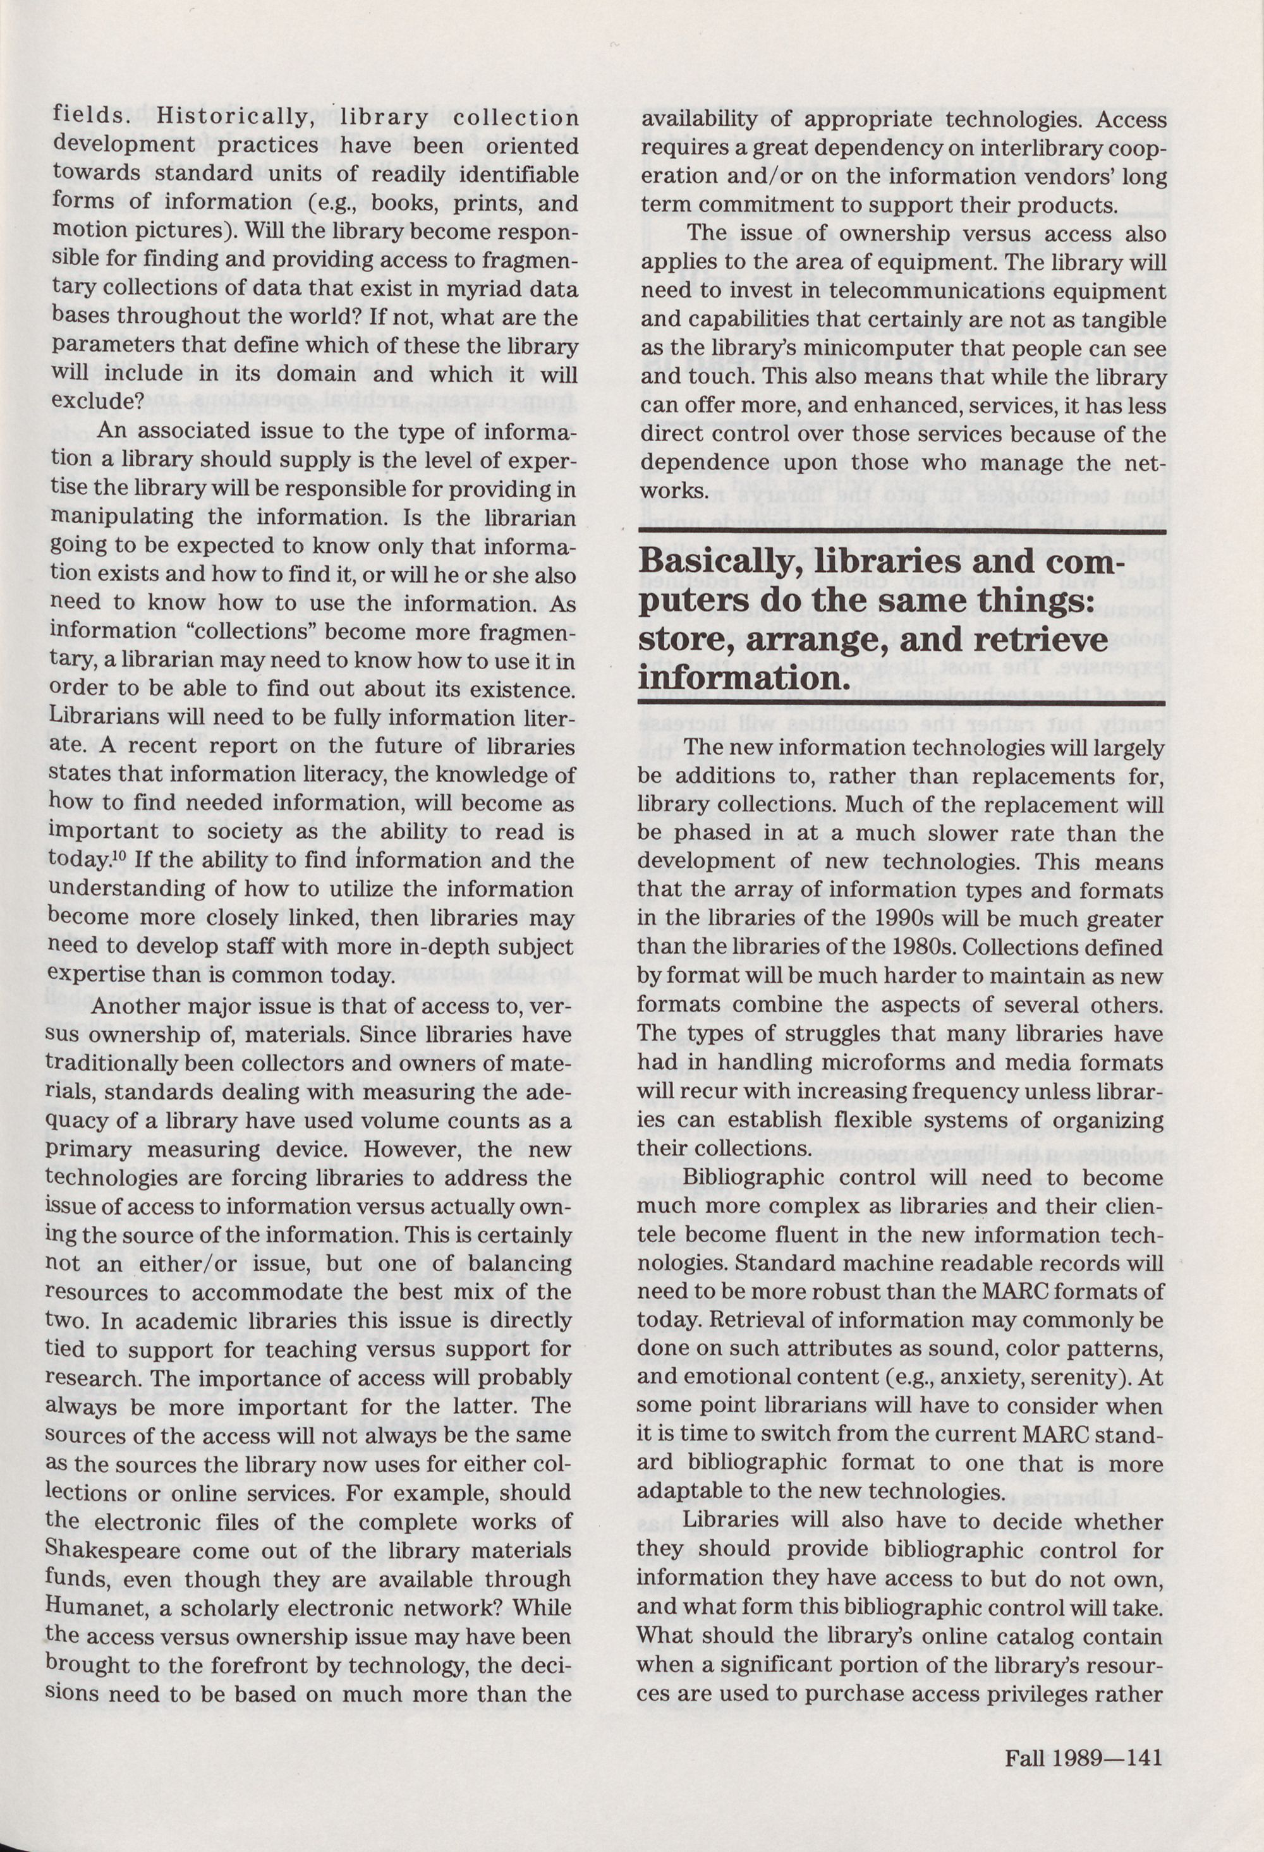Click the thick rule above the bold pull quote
pyautogui.click(x=902, y=531)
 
